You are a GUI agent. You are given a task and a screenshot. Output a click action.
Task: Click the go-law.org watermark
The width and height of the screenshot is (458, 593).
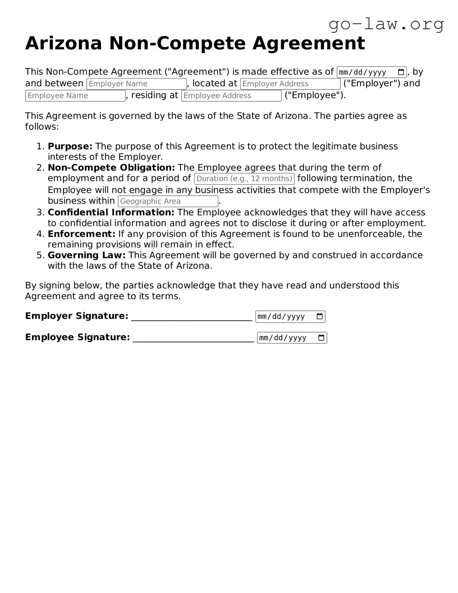386,24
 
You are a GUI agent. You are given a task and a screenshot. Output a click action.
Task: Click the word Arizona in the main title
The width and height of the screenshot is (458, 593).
63,43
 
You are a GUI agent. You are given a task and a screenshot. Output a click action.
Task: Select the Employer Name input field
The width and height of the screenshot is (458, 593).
136,84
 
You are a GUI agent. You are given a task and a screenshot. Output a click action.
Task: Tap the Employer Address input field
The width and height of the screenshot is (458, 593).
290,84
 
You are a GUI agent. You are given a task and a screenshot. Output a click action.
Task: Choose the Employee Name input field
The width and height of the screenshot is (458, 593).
75,96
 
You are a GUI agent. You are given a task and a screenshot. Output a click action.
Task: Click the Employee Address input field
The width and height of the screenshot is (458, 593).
231,96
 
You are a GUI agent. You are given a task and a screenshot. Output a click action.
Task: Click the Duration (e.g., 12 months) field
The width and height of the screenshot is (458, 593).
244,179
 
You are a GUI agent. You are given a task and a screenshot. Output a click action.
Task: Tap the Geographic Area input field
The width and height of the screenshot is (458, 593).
168,201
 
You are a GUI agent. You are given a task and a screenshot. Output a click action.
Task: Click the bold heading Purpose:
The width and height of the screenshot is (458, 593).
70,146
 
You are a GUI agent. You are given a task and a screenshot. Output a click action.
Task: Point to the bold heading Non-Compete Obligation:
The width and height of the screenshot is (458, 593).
111,168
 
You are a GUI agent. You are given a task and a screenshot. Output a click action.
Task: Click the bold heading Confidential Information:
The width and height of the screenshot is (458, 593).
111,212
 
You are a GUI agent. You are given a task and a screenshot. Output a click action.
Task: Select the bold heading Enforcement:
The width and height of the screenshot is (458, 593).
81,234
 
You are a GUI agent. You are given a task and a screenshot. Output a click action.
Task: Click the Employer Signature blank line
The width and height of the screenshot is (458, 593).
192,317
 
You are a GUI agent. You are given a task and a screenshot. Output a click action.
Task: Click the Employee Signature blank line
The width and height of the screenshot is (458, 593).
193,338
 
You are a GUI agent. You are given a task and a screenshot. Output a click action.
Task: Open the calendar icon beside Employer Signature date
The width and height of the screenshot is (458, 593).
319,316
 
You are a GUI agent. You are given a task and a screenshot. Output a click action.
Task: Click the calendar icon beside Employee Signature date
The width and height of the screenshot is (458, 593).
321,338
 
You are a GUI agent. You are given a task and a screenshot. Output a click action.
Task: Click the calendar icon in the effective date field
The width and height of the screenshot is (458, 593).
401,72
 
